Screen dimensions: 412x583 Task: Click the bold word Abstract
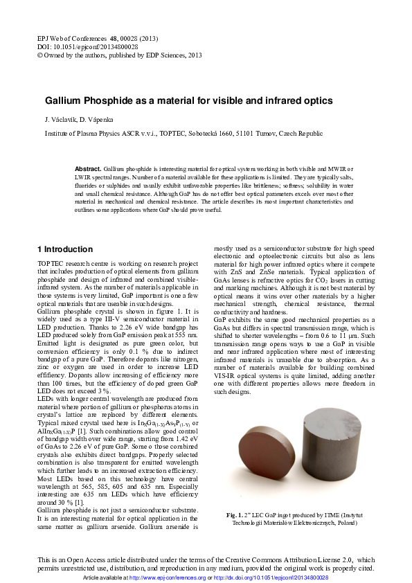click(x=88, y=169)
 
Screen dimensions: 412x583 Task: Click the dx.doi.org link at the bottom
click(x=271, y=577)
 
